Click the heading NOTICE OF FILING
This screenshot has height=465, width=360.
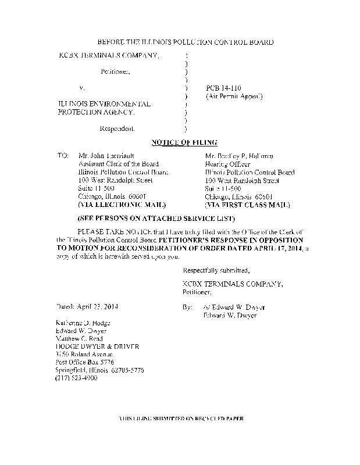point(184,142)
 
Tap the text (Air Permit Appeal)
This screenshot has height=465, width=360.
point(233,96)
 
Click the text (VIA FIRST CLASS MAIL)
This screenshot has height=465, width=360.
point(247,205)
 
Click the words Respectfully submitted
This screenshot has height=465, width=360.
point(216,271)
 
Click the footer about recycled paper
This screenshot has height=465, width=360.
point(180,419)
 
